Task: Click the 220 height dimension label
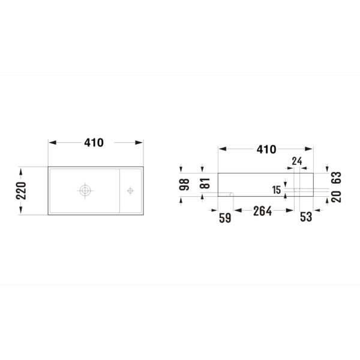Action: [21, 191]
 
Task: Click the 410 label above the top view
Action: [94, 143]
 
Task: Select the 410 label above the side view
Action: [266, 149]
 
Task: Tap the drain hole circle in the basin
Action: [85, 190]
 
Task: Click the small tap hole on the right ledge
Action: [130, 191]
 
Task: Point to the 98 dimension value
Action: [184, 185]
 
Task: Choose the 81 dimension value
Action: [205, 183]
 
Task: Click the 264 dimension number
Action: [262, 211]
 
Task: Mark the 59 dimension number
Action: [225, 218]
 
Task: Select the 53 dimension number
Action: [306, 217]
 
